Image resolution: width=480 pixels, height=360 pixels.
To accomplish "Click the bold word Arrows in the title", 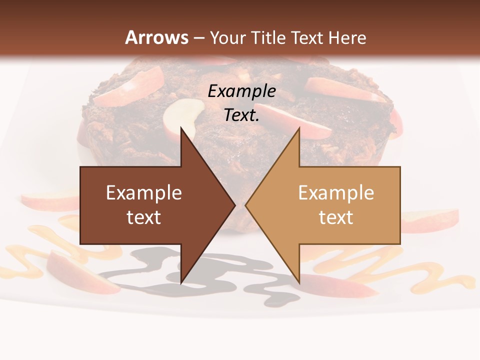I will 157,37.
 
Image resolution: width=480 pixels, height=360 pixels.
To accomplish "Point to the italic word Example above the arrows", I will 241,91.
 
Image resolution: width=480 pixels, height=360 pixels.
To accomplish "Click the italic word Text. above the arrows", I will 241,115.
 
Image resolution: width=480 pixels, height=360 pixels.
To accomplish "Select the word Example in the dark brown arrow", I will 143,192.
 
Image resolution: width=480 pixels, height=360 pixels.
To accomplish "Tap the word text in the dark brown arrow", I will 143,217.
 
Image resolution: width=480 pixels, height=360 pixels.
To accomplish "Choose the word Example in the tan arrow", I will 336,192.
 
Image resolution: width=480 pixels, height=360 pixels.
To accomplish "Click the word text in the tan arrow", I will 336,217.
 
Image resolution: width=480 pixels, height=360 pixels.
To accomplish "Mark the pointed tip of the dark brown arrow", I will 234,205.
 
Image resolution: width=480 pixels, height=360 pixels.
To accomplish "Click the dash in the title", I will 199,37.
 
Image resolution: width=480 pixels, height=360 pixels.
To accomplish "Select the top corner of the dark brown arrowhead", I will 181,128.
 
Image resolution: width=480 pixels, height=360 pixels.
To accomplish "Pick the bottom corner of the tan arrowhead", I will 299,282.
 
